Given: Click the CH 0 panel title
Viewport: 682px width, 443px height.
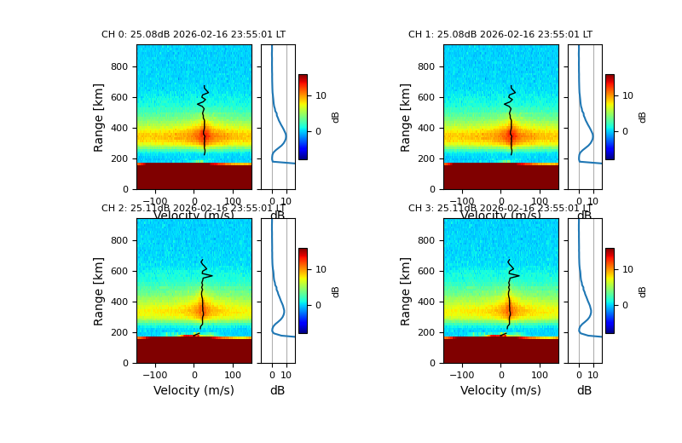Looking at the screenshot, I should pyautogui.click(x=194, y=35).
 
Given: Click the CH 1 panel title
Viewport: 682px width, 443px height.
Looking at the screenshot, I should pyautogui.click(x=500, y=35).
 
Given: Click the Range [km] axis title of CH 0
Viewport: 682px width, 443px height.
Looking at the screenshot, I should pyautogui.click(x=99, y=117).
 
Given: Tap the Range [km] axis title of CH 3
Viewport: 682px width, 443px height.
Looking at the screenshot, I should pyautogui.click(x=406, y=291).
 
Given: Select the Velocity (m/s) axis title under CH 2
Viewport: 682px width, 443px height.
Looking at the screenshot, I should pyautogui.click(x=194, y=390).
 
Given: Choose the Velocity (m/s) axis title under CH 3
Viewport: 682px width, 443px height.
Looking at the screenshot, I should pyautogui.click(x=500, y=390).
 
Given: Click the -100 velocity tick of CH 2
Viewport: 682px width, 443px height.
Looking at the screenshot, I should pyautogui.click(x=155, y=374).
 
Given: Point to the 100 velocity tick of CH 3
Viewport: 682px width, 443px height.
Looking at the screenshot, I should pyautogui.click(x=539, y=374).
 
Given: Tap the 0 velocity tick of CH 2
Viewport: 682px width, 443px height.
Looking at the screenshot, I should pyautogui.click(x=194, y=374).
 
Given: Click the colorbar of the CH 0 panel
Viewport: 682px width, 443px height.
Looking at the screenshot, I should pyautogui.click(x=303, y=117).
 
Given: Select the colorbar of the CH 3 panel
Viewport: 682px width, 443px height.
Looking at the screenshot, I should pyautogui.click(x=610, y=291).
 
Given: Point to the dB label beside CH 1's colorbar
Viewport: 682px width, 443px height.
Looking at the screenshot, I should pyautogui.click(x=643, y=117).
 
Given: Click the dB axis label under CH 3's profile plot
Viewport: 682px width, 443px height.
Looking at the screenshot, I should pyautogui.click(x=584, y=390).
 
